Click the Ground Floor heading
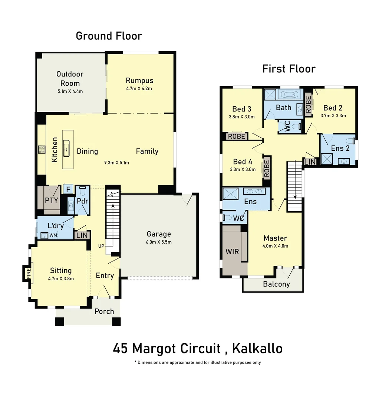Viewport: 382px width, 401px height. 109,36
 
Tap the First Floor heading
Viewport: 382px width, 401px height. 289,69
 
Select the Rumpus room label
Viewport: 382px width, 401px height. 139,81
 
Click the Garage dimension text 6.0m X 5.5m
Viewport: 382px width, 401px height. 159,242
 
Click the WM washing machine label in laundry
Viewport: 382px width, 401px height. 53,235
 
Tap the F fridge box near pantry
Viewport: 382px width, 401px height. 68,189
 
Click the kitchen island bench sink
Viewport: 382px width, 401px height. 67,149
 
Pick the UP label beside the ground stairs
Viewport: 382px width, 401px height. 101,246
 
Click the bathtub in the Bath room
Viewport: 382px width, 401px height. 289,94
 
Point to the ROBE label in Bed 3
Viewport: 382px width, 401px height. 236,136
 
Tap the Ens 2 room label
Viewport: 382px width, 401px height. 340,148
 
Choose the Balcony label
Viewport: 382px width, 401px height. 276,284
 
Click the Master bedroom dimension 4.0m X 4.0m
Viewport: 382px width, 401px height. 276,246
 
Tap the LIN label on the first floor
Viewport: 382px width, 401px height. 310,162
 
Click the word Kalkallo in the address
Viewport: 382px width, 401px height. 257,349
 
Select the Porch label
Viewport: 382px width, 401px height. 104,311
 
